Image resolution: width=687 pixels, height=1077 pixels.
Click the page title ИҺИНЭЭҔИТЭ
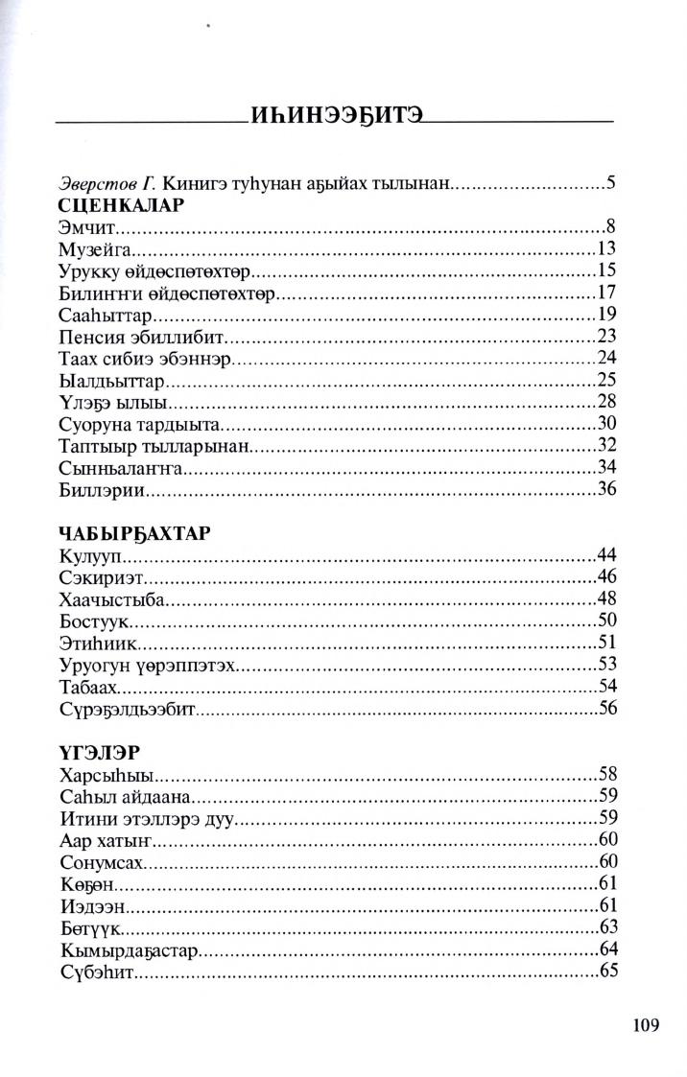click(x=335, y=121)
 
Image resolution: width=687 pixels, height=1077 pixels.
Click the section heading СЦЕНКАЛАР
click(x=121, y=205)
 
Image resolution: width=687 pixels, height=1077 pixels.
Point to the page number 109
click(x=646, y=1025)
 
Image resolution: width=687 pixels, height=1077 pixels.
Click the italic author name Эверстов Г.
click(x=107, y=181)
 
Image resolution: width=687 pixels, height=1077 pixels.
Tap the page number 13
click(x=605, y=249)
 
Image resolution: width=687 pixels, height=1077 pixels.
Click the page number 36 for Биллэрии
click(x=605, y=490)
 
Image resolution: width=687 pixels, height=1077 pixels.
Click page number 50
click(x=605, y=620)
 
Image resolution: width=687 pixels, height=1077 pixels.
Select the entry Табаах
click(x=89, y=686)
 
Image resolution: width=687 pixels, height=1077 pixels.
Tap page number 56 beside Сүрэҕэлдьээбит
click(x=605, y=708)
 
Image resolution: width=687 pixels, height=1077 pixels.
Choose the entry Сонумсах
click(x=100, y=861)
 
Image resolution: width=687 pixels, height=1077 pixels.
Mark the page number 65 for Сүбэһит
click(x=605, y=971)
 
